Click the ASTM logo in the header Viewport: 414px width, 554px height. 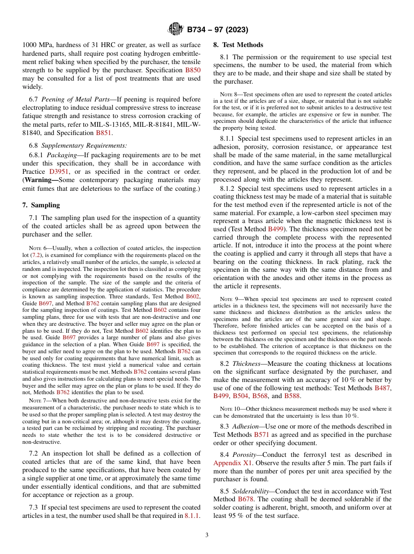click(x=176, y=30)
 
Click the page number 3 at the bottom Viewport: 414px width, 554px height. click(x=207, y=535)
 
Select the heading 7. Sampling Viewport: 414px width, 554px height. click(x=41, y=205)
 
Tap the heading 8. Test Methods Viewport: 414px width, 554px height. click(x=238, y=45)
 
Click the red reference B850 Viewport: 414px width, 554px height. click(x=193, y=70)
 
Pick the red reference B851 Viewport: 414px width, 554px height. click(x=103, y=132)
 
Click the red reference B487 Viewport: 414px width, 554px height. click(x=383, y=388)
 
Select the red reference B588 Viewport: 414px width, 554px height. click(x=292, y=396)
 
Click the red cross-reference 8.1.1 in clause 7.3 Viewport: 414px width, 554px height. click(x=192, y=516)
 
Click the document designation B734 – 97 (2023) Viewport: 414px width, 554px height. click(x=217, y=30)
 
